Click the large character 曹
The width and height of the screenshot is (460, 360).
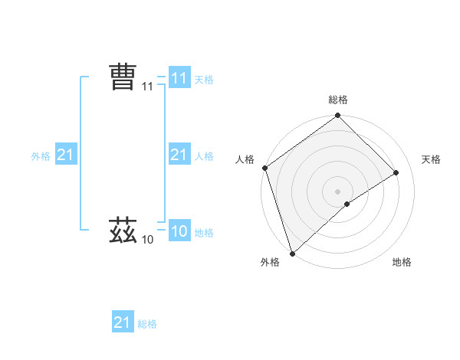123,78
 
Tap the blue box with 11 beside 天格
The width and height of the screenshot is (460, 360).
179,78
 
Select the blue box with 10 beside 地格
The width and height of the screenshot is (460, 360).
179,231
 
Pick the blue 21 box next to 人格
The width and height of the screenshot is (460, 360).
179,155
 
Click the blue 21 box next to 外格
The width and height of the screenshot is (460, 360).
66,155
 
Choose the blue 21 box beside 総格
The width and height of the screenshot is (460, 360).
123,322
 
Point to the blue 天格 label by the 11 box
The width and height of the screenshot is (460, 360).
204,79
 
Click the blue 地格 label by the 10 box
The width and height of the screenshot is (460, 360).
204,232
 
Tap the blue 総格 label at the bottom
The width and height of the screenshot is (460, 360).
147,324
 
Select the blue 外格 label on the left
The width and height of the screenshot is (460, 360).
41,156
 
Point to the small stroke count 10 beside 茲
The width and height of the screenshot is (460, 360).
148,240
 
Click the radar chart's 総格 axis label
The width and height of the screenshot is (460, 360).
338,100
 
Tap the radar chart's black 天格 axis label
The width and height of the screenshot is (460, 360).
431,159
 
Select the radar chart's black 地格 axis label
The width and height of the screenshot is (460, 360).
402,262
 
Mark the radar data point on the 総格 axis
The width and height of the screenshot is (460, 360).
338,116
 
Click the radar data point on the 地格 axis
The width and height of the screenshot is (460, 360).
347,204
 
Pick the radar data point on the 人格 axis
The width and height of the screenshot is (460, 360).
264,168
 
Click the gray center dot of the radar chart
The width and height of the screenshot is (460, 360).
338,191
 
